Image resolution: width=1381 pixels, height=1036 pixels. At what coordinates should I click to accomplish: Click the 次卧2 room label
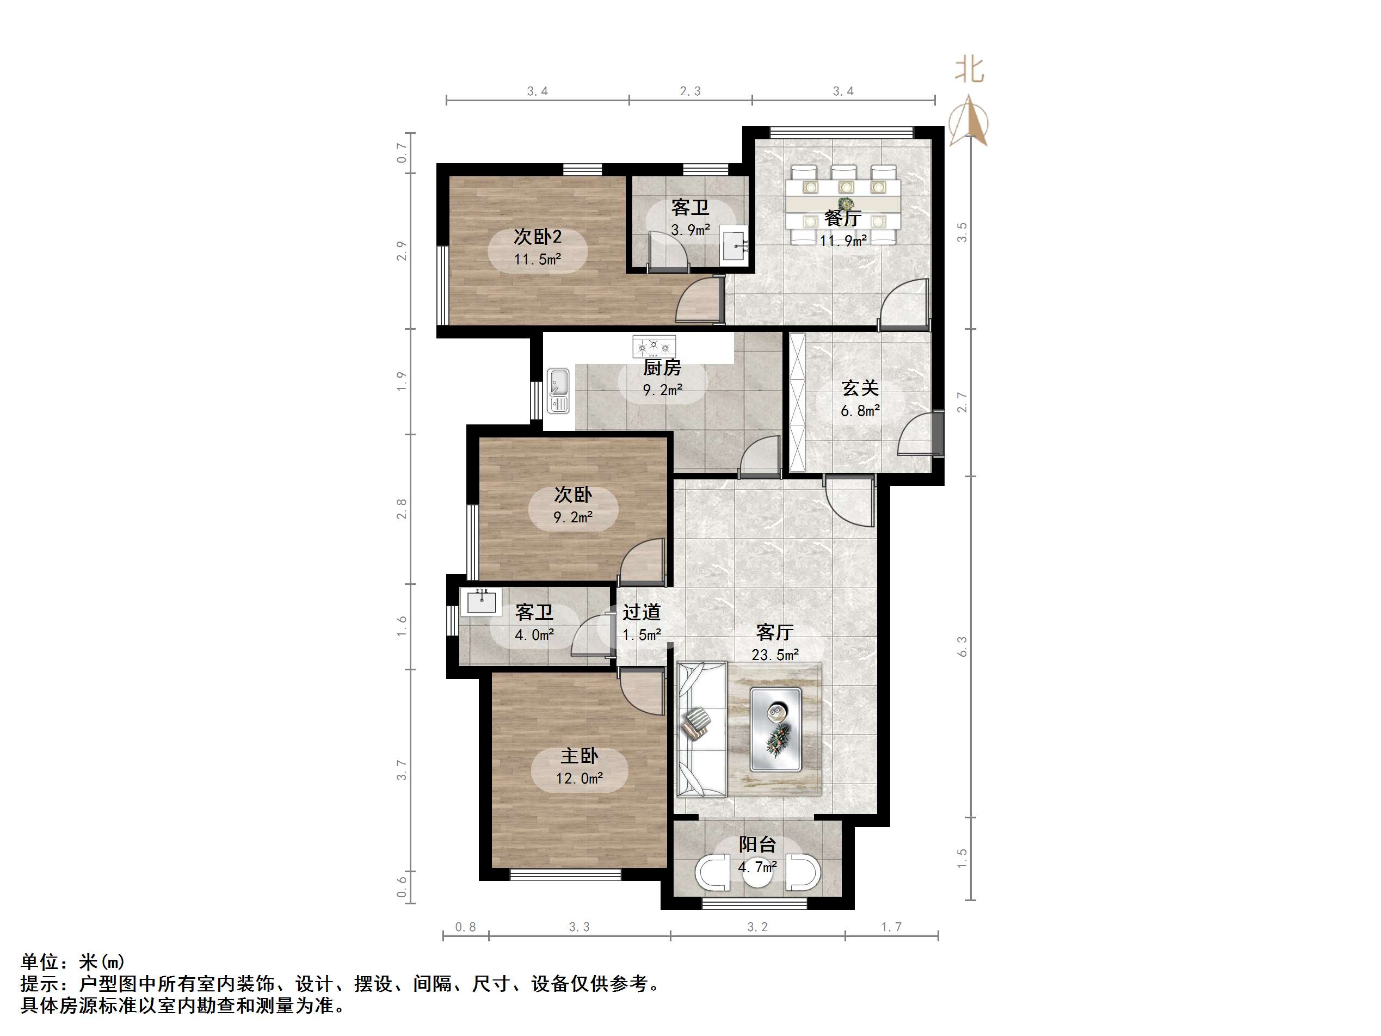[x=538, y=236]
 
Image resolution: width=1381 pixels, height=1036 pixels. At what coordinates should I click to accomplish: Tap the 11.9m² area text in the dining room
[x=843, y=240]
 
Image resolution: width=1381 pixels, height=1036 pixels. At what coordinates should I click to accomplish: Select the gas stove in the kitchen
[x=653, y=346]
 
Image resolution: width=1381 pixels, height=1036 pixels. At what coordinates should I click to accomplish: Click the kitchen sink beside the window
[x=558, y=391]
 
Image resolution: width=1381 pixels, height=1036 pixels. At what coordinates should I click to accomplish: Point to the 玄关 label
[x=860, y=388]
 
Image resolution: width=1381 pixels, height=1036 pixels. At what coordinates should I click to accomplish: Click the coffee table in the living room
[x=775, y=729]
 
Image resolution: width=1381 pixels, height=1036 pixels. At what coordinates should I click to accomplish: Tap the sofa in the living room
[x=702, y=729]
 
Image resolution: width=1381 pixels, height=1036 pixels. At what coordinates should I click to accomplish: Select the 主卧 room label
[x=579, y=756]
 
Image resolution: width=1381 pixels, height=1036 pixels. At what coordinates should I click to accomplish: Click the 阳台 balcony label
[x=757, y=844]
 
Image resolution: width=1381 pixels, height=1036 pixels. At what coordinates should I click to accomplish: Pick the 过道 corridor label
[x=641, y=612]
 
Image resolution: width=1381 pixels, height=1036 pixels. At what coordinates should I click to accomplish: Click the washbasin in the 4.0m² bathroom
[x=480, y=602]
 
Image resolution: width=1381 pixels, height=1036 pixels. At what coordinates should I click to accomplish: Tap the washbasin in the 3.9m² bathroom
[x=734, y=245]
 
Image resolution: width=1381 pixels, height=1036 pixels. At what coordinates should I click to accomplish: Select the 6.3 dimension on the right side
[x=962, y=646]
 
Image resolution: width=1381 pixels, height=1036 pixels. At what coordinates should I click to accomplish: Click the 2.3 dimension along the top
[x=690, y=91]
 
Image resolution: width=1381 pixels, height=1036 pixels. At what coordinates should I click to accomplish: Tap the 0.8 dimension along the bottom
[x=465, y=927]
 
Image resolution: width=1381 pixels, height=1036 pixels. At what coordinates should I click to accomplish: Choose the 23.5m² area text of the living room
[x=775, y=655]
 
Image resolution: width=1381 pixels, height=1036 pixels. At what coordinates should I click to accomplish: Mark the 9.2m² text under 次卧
[x=572, y=517]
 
